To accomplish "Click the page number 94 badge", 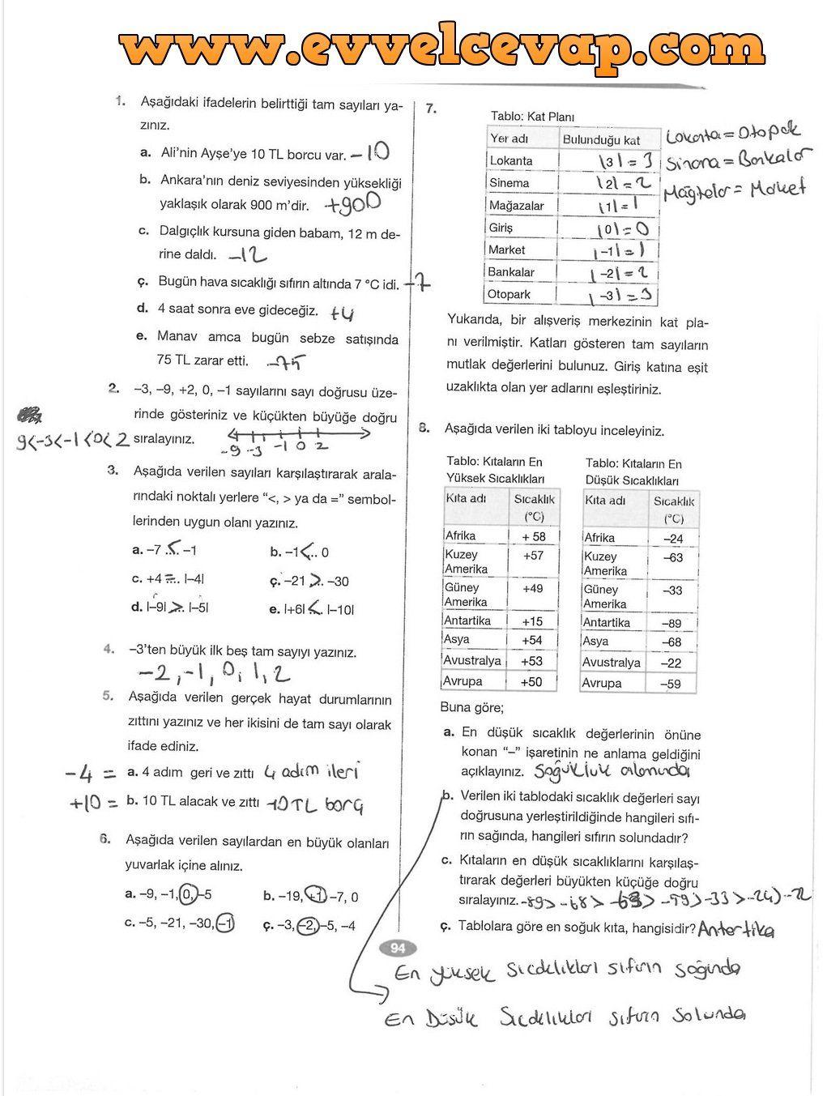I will point(397,949).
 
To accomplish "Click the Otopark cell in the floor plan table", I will point(509,295).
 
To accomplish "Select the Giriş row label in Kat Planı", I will point(501,228).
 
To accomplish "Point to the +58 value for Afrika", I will point(533,536).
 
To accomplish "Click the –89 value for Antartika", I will point(671,624).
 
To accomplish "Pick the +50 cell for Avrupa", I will point(531,682).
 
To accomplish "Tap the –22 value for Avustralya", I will point(671,663).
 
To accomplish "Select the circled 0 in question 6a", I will point(188,895).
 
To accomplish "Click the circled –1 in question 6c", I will point(226,923).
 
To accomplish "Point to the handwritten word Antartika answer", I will point(735,930).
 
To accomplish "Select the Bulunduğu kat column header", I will point(601,140).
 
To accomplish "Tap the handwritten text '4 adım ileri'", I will point(311,772).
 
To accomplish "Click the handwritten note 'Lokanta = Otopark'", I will point(733,134).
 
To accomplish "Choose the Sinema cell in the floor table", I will point(509,183).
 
